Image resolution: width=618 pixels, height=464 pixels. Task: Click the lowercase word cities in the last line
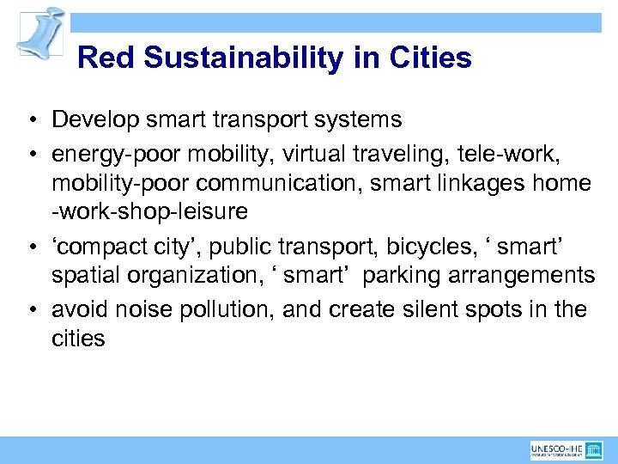[78, 339]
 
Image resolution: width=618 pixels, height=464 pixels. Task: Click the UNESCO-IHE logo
[568, 449]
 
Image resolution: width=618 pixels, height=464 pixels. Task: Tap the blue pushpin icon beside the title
[40, 34]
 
